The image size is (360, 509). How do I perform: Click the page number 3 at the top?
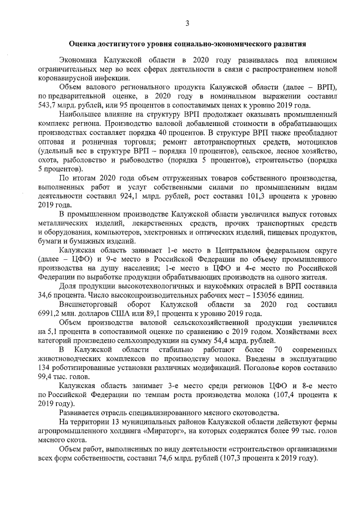click(188, 22)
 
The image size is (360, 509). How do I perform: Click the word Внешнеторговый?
click(88, 304)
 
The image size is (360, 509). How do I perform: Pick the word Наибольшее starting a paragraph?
click(80, 115)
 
